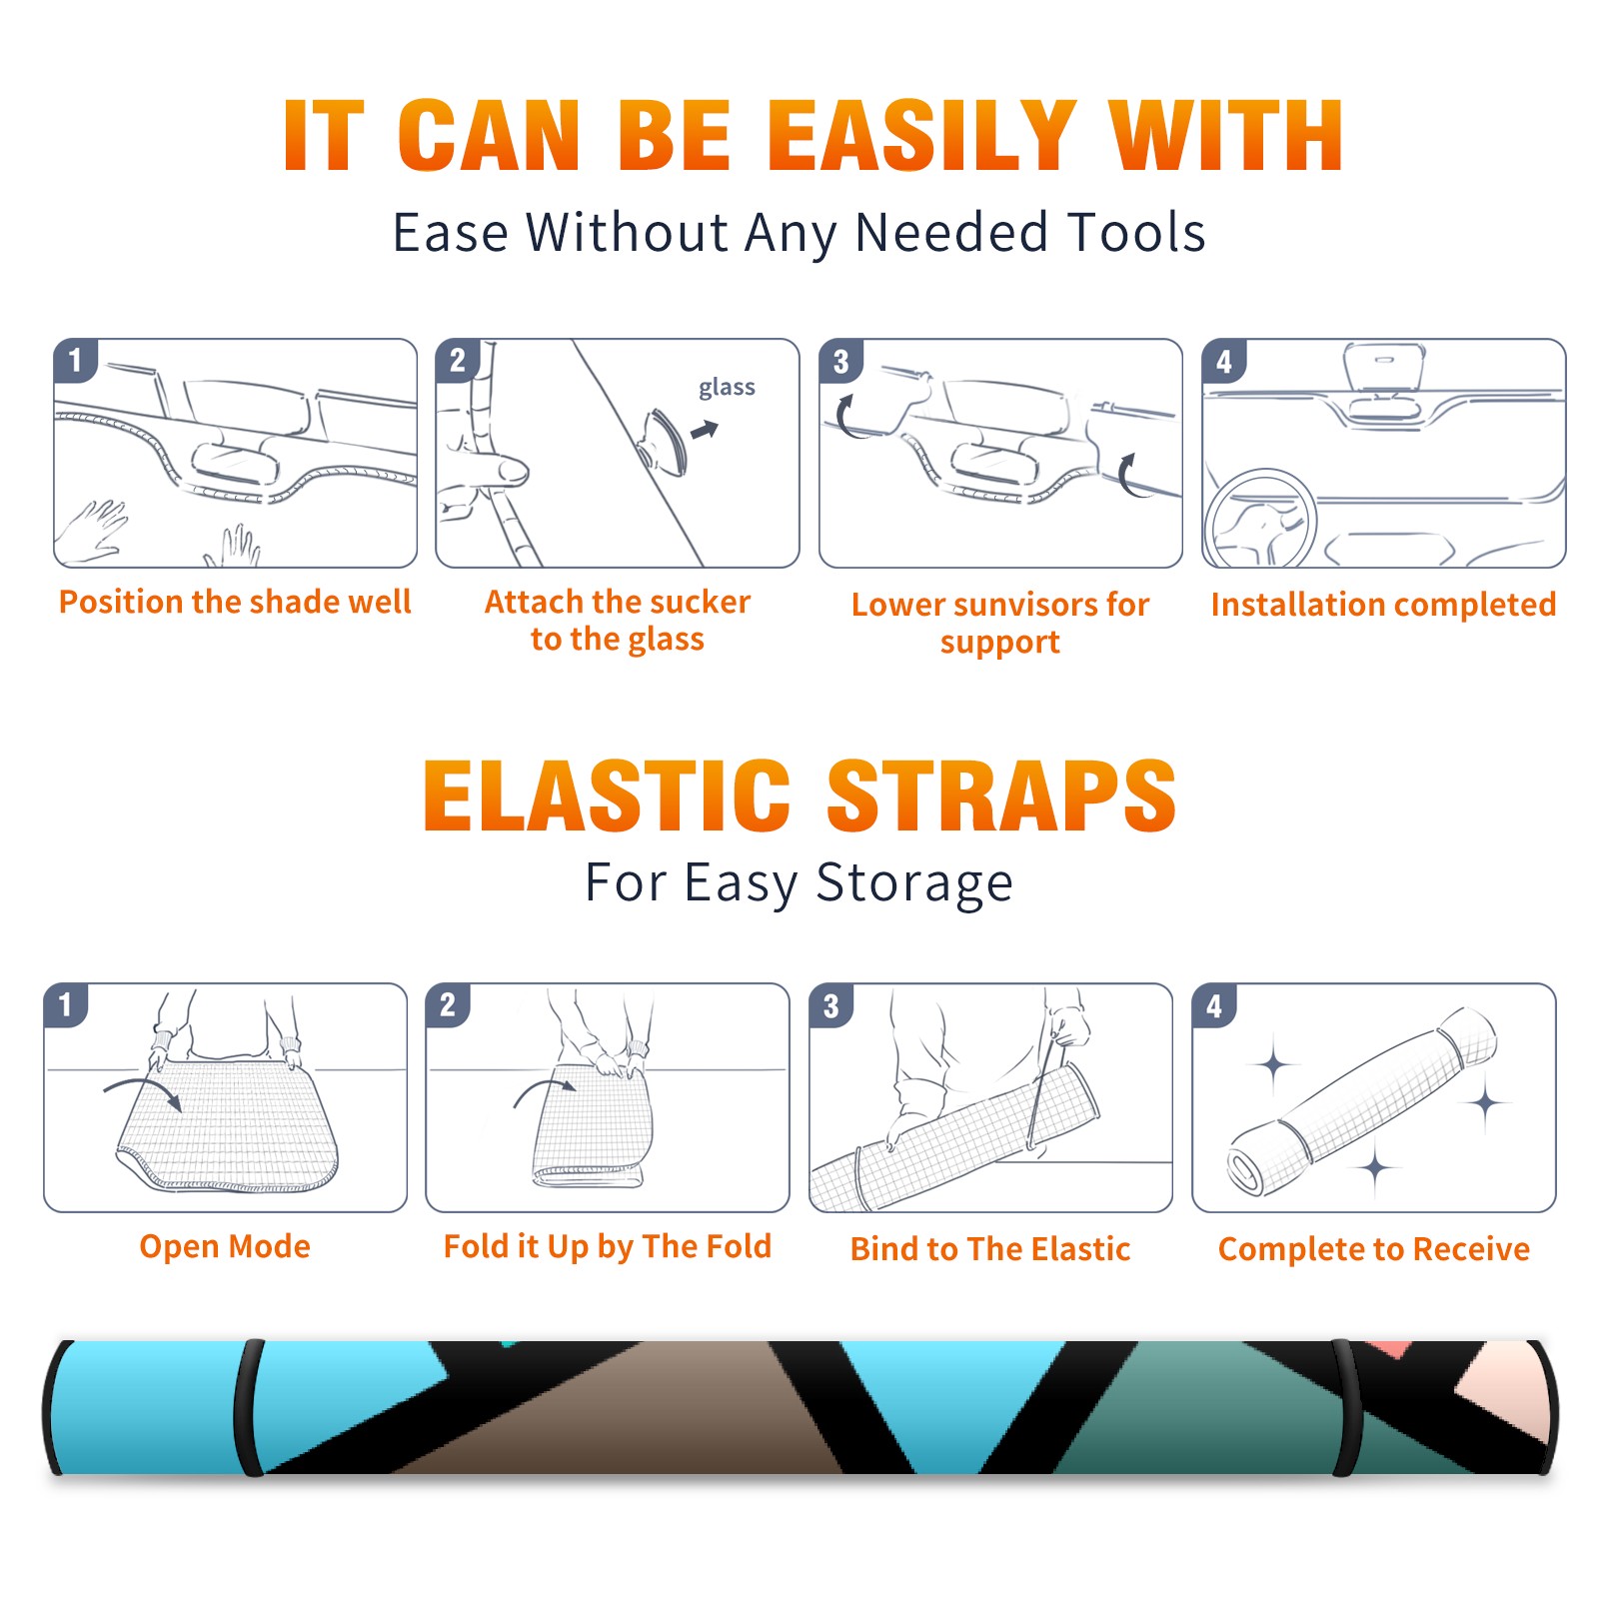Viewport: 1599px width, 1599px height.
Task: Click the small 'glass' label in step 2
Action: [727, 388]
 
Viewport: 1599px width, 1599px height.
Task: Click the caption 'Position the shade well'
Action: [235, 602]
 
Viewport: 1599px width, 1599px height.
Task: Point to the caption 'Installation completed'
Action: [1383, 605]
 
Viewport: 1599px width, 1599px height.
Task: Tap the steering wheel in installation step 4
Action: [1261, 520]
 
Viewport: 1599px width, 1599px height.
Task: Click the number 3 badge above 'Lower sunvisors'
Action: [840, 362]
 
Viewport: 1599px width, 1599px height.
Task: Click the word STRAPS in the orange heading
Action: [1001, 796]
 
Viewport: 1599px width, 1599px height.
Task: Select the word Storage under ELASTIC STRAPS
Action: [914, 883]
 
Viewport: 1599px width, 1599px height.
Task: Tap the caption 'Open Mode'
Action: [225, 1246]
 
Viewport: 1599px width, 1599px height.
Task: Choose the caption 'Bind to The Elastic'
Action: [989, 1249]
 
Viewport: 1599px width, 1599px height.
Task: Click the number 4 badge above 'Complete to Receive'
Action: [1214, 1006]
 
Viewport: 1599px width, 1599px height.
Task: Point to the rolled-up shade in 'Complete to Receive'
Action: [1363, 1101]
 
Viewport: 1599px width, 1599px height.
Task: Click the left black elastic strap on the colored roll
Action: [249, 1407]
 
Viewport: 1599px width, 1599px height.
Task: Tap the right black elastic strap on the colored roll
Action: [1346, 1408]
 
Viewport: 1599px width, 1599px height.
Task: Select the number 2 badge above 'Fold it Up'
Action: [448, 1005]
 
